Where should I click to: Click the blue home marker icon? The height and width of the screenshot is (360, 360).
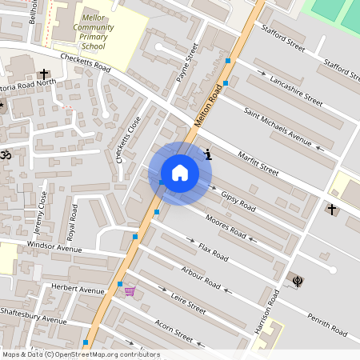pos(180,172)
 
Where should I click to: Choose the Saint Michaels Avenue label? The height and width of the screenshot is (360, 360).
pos(278,126)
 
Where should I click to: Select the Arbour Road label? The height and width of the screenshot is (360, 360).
pos(201,277)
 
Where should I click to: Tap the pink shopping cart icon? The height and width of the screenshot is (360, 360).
pos(130,290)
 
